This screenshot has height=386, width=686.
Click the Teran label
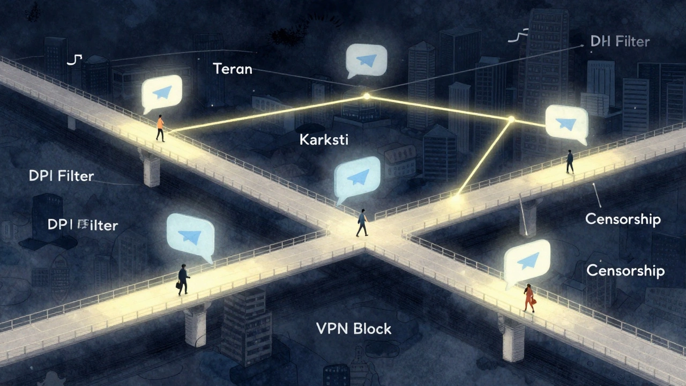click(x=232, y=69)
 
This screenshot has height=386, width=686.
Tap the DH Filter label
click(x=620, y=41)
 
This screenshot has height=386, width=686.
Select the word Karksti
click(x=324, y=140)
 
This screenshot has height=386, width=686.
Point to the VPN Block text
click(x=353, y=329)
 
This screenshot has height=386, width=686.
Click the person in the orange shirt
click(x=160, y=128)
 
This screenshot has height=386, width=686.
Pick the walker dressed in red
click(x=529, y=298)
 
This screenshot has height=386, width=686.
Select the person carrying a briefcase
click(x=183, y=279)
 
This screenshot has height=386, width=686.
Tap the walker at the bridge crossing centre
click(x=363, y=222)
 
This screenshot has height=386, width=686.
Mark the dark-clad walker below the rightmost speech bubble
click(x=570, y=161)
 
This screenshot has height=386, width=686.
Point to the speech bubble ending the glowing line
click(x=566, y=124)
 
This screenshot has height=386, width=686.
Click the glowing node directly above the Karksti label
click(x=367, y=96)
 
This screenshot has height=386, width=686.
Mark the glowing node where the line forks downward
click(x=511, y=118)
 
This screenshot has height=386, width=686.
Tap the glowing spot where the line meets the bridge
click(x=456, y=197)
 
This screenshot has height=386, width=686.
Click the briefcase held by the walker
click(x=178, y=285)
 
